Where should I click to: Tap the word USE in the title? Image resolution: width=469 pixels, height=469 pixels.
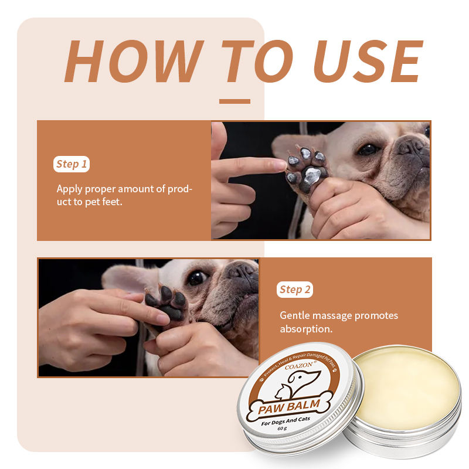pos(369,61)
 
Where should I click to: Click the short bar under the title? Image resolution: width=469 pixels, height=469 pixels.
pos(235,101)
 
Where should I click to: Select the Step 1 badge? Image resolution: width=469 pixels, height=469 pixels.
pos(72,164)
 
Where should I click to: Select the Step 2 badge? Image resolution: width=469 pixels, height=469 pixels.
pos(295,290)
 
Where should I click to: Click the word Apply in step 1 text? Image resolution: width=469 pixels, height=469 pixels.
pos(69,189)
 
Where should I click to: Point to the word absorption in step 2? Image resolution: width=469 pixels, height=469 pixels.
pos(306,329)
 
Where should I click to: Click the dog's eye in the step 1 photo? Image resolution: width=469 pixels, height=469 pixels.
pos(368,149)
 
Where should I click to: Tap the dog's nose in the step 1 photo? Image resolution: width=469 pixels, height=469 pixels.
pos(413,146)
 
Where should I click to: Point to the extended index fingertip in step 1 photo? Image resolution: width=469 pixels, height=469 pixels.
pos(281,165)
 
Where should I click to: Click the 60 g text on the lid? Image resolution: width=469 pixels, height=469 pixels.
pos(282,429)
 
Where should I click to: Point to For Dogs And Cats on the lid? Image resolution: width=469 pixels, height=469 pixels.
pos(286,421)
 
